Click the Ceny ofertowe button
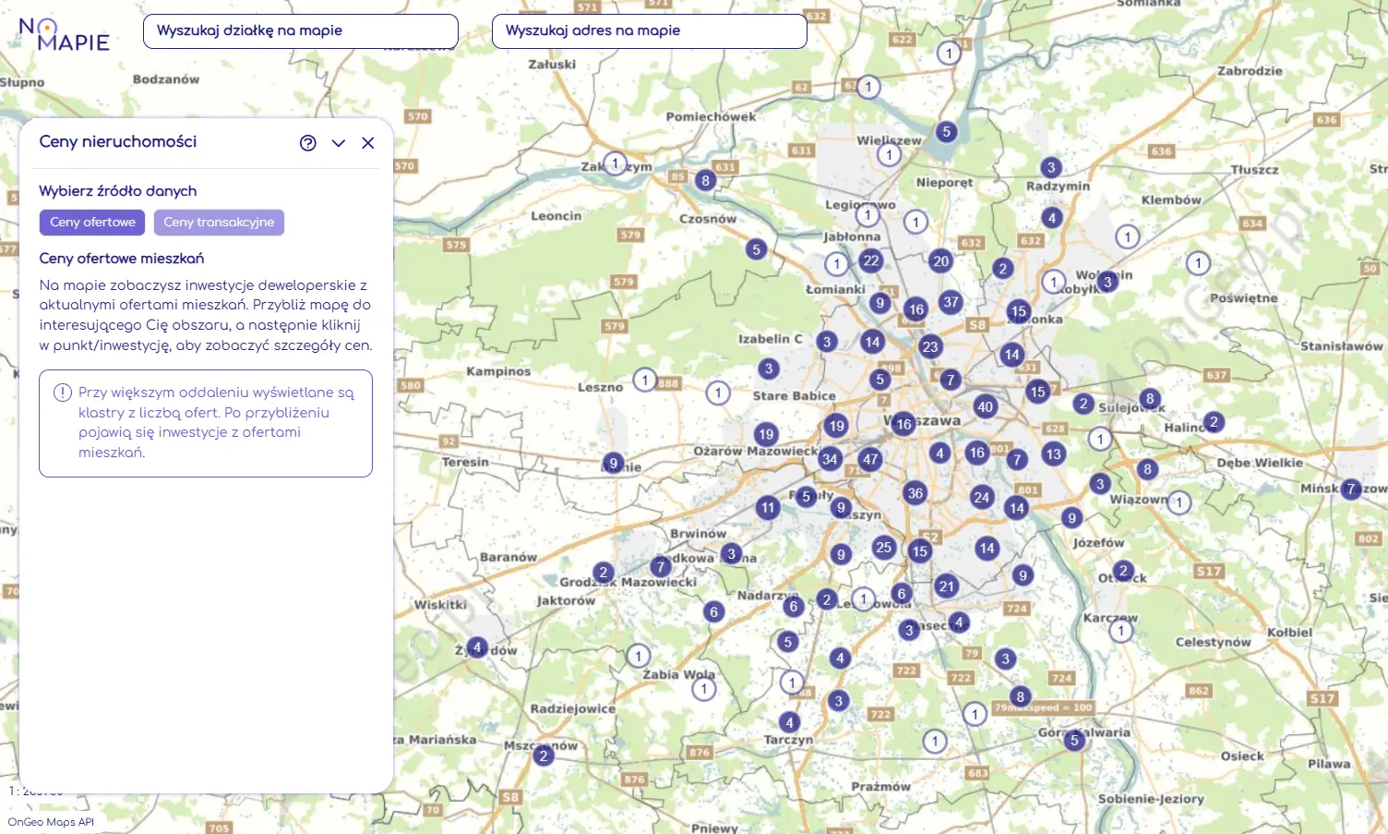coord(92,223)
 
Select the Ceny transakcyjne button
coord(219,223)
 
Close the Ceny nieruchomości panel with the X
coord(368,143)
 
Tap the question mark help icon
coord(308,143)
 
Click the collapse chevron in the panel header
coord(339,143)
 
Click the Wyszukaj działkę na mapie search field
coord(300,31)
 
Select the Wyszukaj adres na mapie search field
coord(649,31)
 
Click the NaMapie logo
coord(64,34)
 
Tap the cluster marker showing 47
coord(870,459)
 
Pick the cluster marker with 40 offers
coord(986,406)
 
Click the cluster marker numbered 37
coord(951,302)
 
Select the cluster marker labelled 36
coord(915,493)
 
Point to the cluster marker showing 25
coord(884,547)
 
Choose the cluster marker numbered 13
coord(1054,453)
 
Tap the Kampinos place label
coord(498,371)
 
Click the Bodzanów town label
coord(166,79)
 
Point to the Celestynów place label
coord(1213,642)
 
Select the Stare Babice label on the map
coord(794,396)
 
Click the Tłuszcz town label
coord(1254,170)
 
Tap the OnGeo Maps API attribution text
coord(51,822)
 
